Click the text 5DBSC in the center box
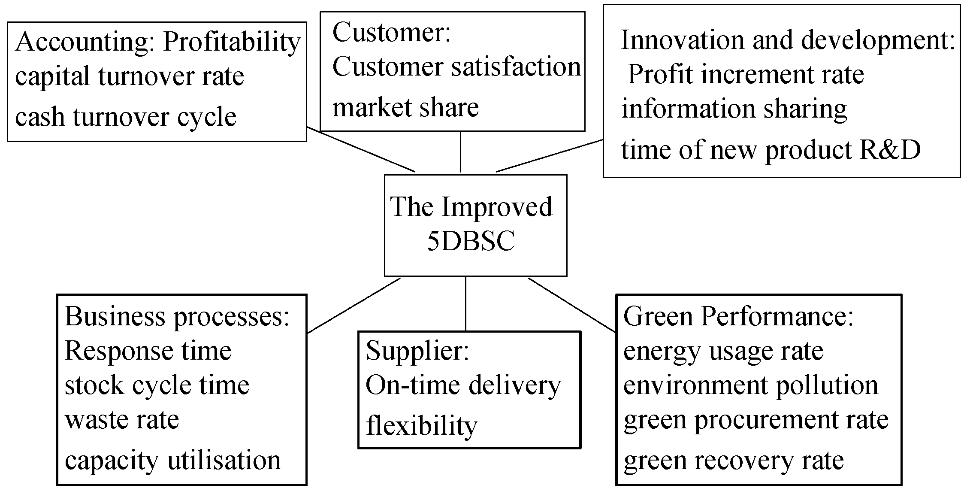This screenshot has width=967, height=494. pyautogui.click(x=471, y=242)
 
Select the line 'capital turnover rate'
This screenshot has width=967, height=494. pyautogui.click(x=130, y=77)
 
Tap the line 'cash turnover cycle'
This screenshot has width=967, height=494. pyautogui.click(x=126, y=117)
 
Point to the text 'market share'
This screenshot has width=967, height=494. pyautogui.click(x=405, y=107)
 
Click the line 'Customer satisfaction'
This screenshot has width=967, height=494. pyautogui.click(x=456, y=67)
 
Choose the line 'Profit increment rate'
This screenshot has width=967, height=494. pyautogui.click(x=746, y=75)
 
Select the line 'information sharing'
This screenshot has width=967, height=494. pyautogui.click(x=734, y=109)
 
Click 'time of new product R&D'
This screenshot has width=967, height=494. pyautogui.click(x=771, y=150)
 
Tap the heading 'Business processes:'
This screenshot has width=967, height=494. pyautogui.click(x=177, y=317)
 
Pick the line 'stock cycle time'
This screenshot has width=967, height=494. pyautogui.click(x=157, y=385)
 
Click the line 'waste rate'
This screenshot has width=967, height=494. pyautogui.click(x=122, y=419)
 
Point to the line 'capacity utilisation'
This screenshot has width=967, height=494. pyautogui.click(x=172, y=461)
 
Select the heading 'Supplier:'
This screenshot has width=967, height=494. pyautogui.click(x=417, y=351)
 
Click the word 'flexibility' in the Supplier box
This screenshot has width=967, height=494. pyautogui.click(x=421, y=426)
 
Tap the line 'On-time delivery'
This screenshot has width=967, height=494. pyautogui.click(x=463, y=385)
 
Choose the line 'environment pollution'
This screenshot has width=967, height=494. pyautogui.click(x=750, y=385)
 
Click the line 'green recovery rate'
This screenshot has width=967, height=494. pyautogui.click(x=734, y=461)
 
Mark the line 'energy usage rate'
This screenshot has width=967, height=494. pyautogui.click(x=723, y=351)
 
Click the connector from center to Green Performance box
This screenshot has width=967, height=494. pyautogui.click(x=572, y=305)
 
